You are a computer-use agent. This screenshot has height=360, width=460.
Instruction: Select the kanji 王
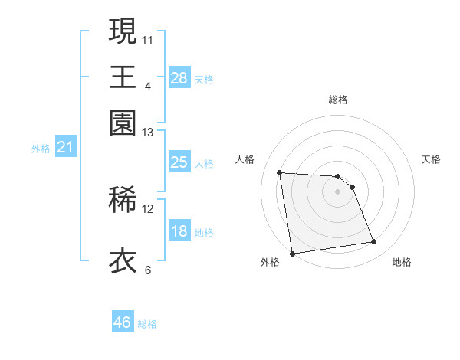pos(123,77)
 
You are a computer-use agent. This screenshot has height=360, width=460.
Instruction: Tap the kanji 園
pos(123,123)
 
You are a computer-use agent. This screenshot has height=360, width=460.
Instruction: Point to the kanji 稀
pos(123,200)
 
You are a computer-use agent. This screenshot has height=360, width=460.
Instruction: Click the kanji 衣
pos(123,260)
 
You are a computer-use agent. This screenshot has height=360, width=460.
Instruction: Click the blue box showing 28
pos(179,77)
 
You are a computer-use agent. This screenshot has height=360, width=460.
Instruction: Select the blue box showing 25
pos(179,162)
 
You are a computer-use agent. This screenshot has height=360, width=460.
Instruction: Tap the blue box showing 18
pos(179,231)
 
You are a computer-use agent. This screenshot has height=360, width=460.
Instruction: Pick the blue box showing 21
pos(64,147)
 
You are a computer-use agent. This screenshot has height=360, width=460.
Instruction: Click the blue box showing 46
pos(122,322)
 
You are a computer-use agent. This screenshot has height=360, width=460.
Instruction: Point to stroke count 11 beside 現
pos(148,39)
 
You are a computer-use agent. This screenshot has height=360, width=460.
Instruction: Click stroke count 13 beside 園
pos(148,133)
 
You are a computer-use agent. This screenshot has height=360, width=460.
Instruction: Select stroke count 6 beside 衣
pos(147,270)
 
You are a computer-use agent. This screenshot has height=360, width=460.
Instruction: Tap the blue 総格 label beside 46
pos(147,324)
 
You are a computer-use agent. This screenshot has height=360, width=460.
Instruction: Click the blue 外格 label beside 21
pos(40,149)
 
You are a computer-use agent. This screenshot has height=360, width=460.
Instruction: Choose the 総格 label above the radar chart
pos(338,100)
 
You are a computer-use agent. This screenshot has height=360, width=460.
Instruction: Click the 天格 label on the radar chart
pos(431,159)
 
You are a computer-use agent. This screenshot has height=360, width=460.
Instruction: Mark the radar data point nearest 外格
pos(291,254)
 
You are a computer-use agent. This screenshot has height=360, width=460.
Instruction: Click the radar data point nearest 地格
pos(374,242)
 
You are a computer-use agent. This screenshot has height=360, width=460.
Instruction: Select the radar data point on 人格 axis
pos(280,172)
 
